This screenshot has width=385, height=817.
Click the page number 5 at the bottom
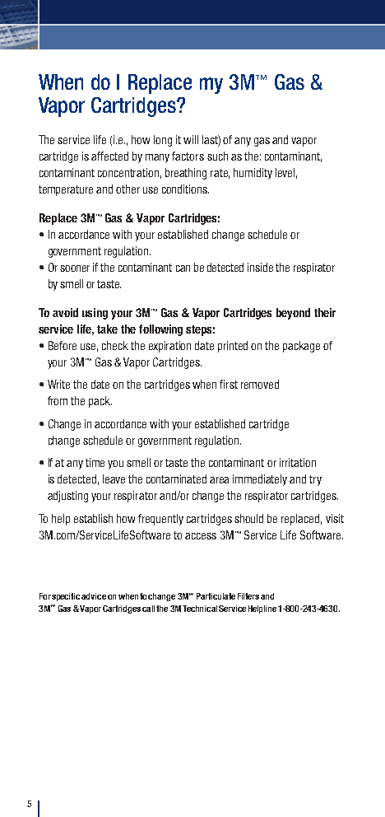[29, 804]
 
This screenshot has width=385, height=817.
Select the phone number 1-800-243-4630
[308, 609]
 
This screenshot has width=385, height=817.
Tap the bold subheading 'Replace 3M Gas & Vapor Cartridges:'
[129, 218]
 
